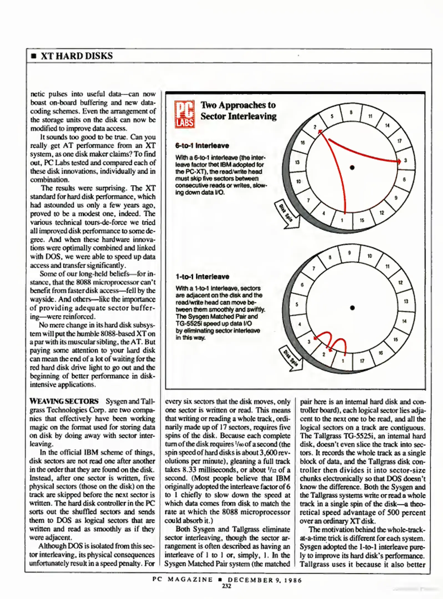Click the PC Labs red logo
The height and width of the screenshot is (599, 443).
pos(184,114)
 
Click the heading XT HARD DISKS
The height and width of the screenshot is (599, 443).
pos(77,56)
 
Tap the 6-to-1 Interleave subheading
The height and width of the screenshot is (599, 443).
pos(202,146)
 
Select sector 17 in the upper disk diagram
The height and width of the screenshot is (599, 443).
pos(399,141)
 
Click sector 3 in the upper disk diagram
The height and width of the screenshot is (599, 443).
pos(405,160)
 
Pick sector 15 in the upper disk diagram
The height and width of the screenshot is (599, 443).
pos(362,220)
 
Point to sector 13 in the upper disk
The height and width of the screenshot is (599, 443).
pos(297,162)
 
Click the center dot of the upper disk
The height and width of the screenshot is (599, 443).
pos(352,167)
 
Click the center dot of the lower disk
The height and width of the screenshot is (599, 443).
pos(352,308)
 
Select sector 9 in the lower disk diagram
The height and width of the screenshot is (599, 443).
pos(349,253)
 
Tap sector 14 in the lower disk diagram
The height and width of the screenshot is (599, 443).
pos(404,321)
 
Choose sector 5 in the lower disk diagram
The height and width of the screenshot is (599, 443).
pos(297,304)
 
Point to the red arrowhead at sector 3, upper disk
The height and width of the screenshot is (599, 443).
pos(399,161)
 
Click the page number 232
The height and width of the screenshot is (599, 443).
pos(226,586)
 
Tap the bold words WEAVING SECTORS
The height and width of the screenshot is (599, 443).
pos(64,401)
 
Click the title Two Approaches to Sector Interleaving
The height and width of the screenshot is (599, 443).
pos(238,110)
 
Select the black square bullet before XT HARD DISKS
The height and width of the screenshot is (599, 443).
pos(34,56)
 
